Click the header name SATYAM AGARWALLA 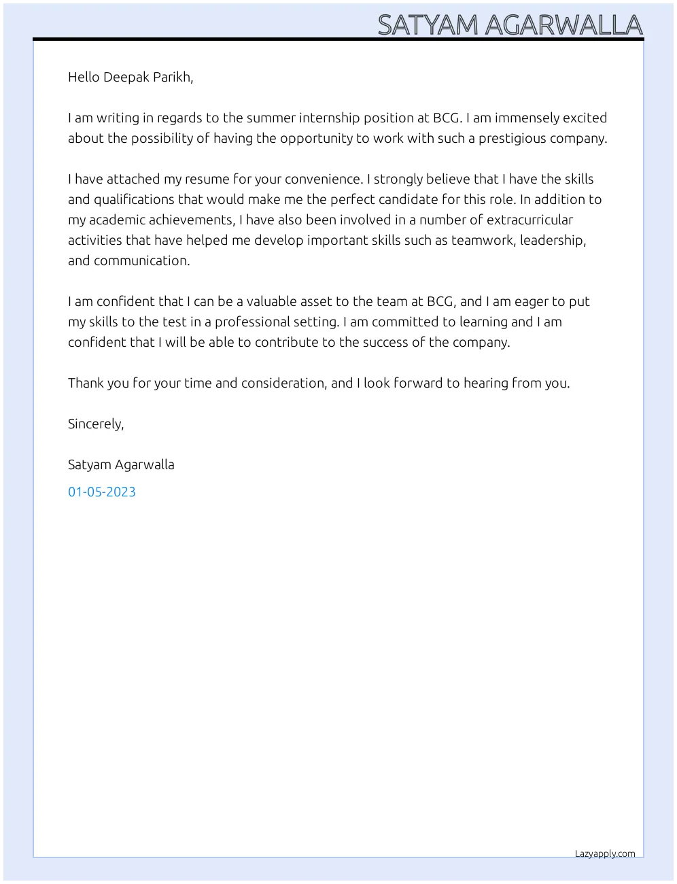[x=510, y=25]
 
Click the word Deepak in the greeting [x=126, y=77]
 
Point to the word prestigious [x=512, y=138]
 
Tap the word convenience [x=326, y=179]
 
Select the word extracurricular [x=530, y=220]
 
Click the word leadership [x=553, y=240]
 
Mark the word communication [x=141, y=260]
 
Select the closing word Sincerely [x=95, y=424]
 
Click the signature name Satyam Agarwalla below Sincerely [x=121, y=464]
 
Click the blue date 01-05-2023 [x=102, y=492]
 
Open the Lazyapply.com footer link [x=605, y=853]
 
